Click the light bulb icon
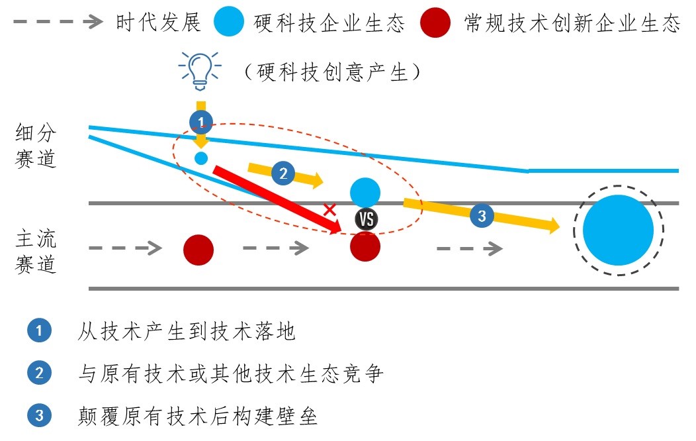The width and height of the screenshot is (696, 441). tap(200, 69)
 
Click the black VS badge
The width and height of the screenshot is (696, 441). tap(365, 219)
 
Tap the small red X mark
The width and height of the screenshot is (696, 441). tap(329, 210)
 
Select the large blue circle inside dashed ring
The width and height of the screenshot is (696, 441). tap(618, 230)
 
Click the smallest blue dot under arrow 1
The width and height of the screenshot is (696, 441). tap(201, 158)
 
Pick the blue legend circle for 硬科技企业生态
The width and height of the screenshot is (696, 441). tap(230, 23)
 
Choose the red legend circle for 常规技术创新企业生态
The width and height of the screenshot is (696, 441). tap(436, 23)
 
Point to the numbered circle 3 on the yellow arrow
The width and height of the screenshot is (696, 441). tap(481, 216)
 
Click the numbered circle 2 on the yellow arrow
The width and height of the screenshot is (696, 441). tap(283, 173)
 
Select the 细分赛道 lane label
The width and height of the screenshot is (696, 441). tap(36, 146)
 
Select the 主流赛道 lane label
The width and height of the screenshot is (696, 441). tap(36, 250)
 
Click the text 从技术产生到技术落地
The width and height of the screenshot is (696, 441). tap(186, 331)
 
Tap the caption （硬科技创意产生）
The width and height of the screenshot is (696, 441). tap(331, 72)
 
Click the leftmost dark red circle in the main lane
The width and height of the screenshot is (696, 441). tap(198, 249)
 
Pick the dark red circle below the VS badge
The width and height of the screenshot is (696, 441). tap(365, 247)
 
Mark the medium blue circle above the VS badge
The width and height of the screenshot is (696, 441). tap(365, 192)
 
